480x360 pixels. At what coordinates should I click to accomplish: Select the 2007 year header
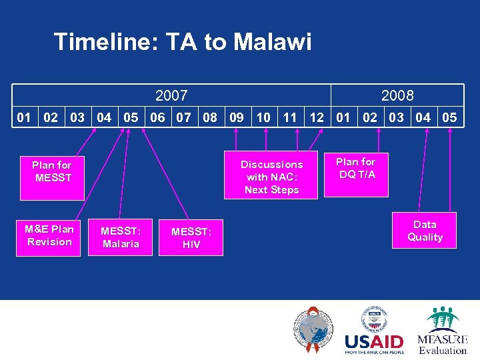(x=171, y=95)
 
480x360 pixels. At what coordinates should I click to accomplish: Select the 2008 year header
(x=397, y=95)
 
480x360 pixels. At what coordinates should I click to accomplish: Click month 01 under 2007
(x=24, y=117)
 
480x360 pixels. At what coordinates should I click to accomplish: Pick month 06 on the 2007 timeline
(x=157, y=117)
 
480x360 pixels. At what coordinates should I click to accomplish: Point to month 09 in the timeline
(x=236, y=117)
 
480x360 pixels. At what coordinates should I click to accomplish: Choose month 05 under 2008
(x=449, y=117)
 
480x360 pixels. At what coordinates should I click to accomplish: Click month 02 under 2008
(x=369, y=117)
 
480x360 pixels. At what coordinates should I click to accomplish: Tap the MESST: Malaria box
(x=121, y=237)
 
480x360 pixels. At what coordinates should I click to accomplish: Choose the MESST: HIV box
(x=191, y=238)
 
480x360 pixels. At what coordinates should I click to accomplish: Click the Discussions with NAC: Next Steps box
(x=271, y=177)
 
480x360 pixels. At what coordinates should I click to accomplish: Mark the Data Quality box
(x=425, y=231)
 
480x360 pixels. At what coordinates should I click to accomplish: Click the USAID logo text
(x=374, y=343)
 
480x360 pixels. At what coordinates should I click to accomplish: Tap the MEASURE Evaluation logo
(x=442, y=331)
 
